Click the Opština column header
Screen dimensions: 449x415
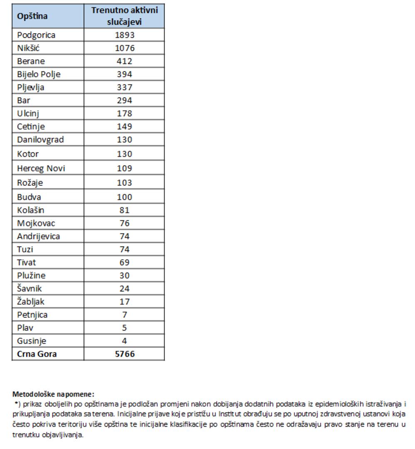[32, 16]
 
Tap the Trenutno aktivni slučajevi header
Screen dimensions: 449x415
[124, 16]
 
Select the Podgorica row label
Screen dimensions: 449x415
[36, 35]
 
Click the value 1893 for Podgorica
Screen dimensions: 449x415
[124, 35]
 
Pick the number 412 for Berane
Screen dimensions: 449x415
[124, 61]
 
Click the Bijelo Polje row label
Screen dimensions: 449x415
[39, 74]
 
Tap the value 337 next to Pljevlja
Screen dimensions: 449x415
[124, 88]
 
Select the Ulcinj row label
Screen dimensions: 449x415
[28, 113]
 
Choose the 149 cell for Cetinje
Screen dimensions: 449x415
[124, 127]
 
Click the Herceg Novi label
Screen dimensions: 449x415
[41, 168]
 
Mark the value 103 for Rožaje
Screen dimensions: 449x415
[124, 183]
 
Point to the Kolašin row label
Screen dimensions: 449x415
[31, 210]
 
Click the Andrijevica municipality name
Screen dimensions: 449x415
[38, 237]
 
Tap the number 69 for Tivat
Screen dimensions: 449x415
[124, 263]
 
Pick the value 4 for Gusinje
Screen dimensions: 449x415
[124, 341]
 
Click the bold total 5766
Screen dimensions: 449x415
[124, 354]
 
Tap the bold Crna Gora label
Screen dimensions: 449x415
[37, 354]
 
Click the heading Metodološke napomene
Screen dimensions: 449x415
[53, 394]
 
